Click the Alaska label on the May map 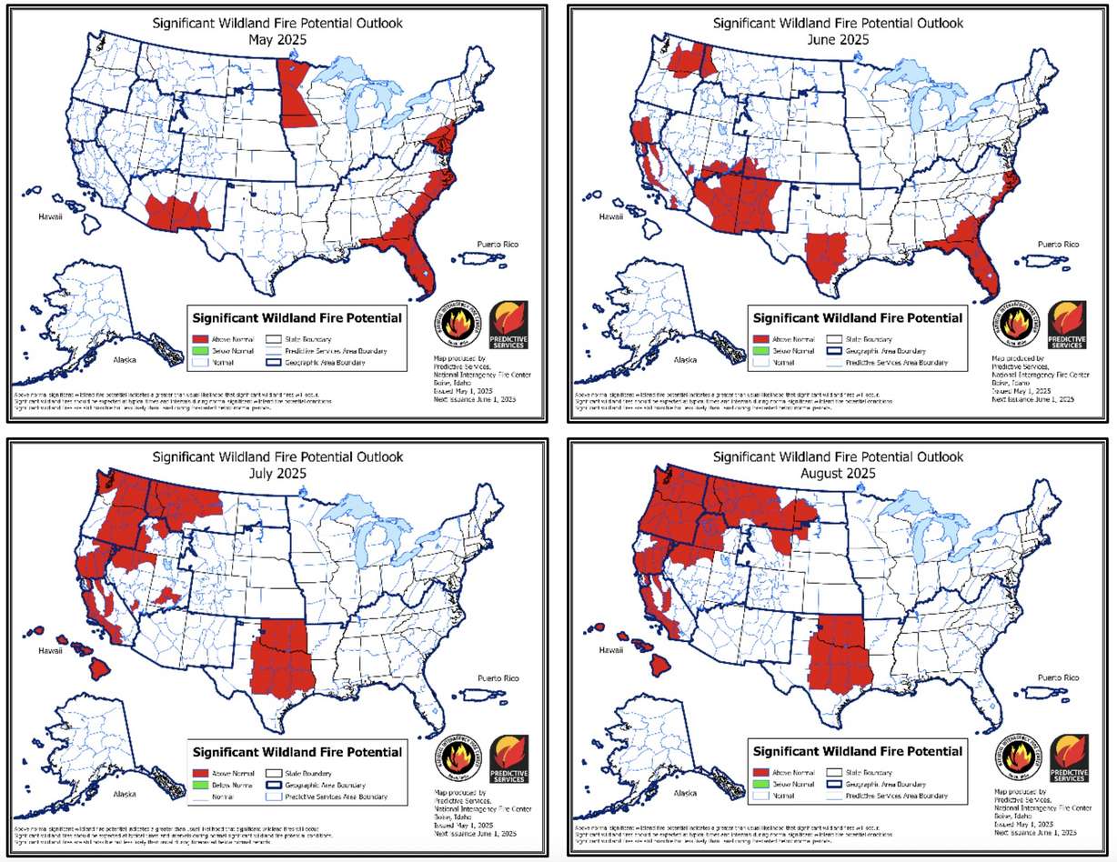(x=124, y=360)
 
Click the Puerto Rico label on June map (x=1058, y=244)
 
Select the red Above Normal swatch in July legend (x=200, y=772)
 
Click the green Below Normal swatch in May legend (x=200, y=350)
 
